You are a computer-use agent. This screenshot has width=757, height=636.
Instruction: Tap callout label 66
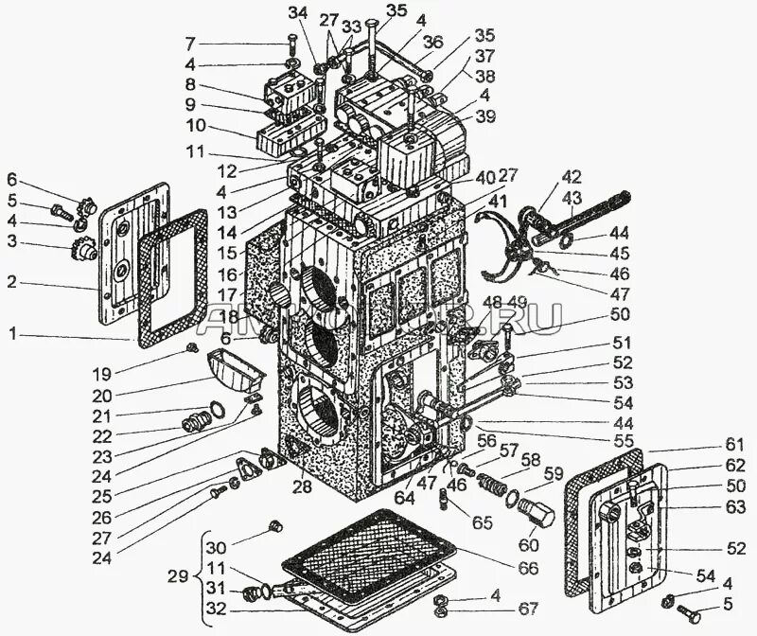click(x=527, y=568)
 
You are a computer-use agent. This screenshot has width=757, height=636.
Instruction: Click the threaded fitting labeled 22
click(x=194, y=420)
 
